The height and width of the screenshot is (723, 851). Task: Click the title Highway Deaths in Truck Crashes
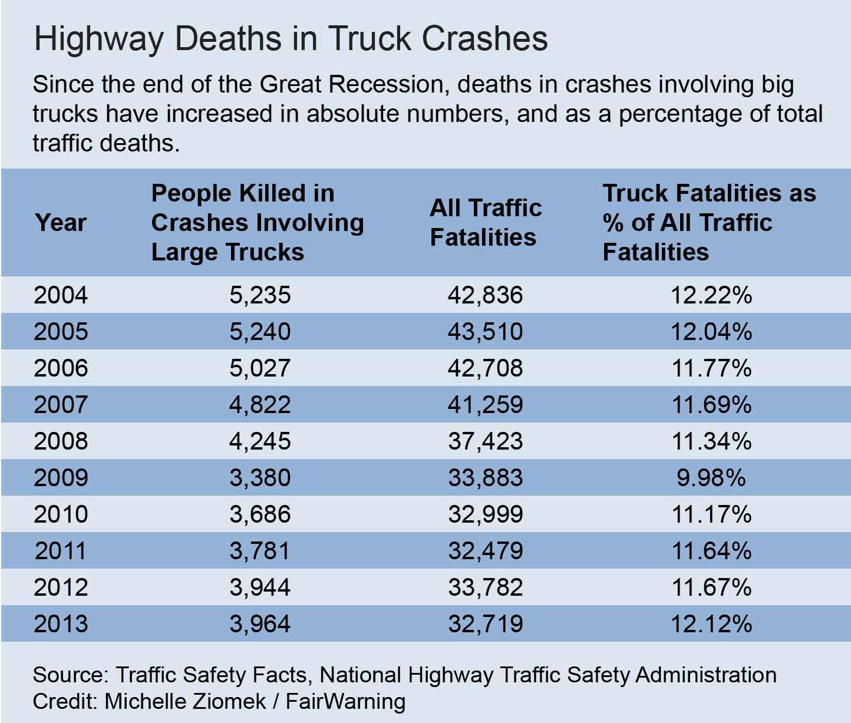point(291,39)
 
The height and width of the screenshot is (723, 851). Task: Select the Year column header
point(61,223)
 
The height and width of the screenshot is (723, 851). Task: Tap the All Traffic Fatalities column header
point(486,223)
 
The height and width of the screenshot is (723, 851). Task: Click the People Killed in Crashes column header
point(258,223)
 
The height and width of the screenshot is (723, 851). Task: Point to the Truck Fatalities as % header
point(709,223)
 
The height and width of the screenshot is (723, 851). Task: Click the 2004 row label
point(61,295)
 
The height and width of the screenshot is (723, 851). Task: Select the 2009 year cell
point(61,477)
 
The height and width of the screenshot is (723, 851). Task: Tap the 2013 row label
point(61,623)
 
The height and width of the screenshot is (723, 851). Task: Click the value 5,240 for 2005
point(260,331)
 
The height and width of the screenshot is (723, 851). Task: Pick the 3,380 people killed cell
point(260,477)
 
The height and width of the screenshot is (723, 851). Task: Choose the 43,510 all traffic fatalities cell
point(485,331)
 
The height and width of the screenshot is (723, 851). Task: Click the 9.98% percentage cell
point(711,477)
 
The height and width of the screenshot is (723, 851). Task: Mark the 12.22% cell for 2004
point(711,295)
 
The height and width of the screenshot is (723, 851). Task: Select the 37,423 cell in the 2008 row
point(485,441)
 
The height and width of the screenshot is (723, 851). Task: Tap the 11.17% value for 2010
point(711,514)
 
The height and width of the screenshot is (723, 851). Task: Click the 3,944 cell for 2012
point(260,587)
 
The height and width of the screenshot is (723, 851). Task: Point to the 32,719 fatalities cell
point(485,623)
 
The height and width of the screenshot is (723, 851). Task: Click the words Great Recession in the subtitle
point(351,85)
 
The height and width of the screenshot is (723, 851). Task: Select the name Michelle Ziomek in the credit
point(185,701)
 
